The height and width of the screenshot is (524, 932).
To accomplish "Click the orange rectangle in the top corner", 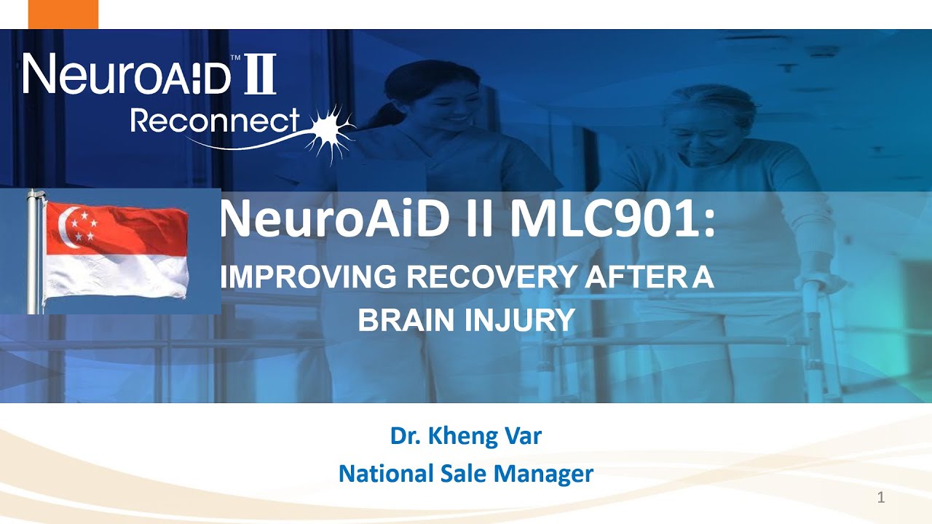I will (x=63, y=14).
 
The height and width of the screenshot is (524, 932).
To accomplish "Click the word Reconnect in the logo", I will (x=215, y=122).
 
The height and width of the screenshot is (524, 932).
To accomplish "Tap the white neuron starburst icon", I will (x=329, y=132).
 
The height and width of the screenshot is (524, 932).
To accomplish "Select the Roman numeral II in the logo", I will (x=259, y=74).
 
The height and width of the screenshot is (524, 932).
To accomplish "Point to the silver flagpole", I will (x=33, y=251).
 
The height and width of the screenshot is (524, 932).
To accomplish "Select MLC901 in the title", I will (x=612, y=220).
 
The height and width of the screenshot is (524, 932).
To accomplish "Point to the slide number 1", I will (x=881, y=498).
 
